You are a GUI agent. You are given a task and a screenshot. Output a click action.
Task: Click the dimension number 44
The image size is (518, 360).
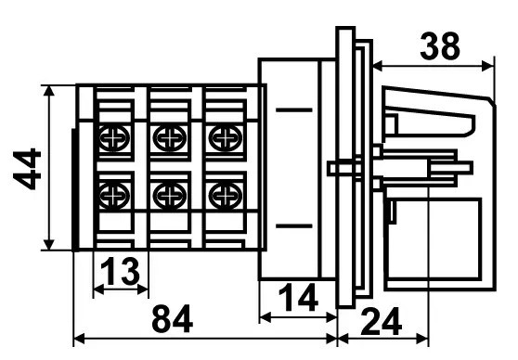coord(30,169)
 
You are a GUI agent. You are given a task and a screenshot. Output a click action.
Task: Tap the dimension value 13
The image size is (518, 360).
coord(121,272)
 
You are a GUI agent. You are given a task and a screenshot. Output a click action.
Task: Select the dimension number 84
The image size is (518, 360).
coord(174,320)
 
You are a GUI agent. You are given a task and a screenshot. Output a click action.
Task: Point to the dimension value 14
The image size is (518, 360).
coord(298,298)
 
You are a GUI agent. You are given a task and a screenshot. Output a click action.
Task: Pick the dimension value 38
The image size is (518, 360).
coord(439,46)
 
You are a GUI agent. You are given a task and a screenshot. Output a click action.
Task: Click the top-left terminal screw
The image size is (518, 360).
coord(113,139)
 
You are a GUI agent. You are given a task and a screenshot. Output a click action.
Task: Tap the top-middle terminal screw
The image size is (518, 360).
coord(168,139)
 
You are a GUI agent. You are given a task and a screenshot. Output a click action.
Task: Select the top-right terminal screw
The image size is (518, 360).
coord(222,139)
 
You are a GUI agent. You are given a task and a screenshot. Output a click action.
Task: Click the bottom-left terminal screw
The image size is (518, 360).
coord(113,195)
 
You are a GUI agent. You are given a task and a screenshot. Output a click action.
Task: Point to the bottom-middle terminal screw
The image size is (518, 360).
coord(168,195)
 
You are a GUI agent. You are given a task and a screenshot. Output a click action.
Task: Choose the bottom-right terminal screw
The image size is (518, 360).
coord(222,195)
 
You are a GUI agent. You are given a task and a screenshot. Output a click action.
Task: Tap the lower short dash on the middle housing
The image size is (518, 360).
coord(294,225)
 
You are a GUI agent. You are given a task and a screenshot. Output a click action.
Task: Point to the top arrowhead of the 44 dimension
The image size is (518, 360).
coord(49,90)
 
